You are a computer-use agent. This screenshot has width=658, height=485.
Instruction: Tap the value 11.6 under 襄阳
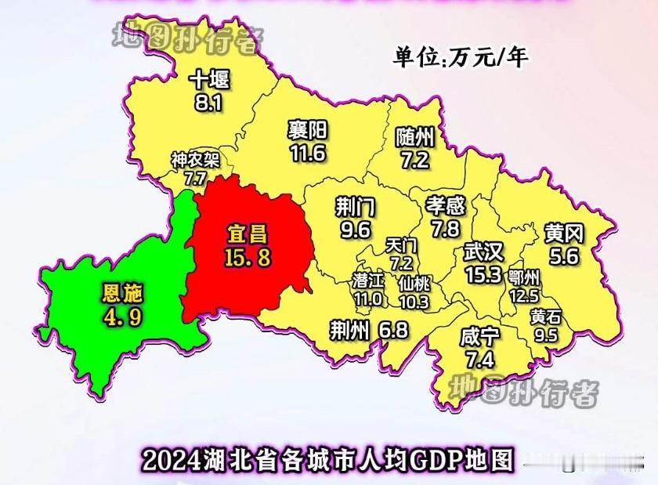[x=308, y=153]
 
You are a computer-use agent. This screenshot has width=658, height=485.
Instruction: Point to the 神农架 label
[x=196, y=161]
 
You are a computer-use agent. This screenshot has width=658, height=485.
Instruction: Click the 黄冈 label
[x=564, y=233]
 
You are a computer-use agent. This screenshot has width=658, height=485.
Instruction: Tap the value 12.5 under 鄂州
[x=523, y=295]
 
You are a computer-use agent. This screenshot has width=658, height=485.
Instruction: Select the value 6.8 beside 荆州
[x=393, y=331]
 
